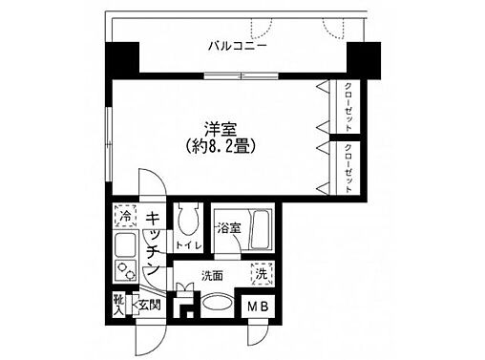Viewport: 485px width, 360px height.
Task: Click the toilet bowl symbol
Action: click(x=187, y=222)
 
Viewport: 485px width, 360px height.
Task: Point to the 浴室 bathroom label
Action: click(x=226, y=228)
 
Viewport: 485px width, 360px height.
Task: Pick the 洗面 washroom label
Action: click(x=213, y=276)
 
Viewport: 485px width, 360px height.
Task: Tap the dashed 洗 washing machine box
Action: click(x=260, y=274)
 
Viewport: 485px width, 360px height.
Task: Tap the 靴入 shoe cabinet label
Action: click(x=119, y=303)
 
